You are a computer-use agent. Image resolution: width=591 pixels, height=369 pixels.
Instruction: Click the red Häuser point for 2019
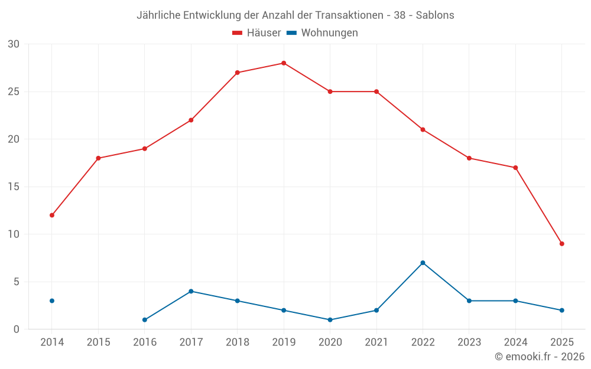pyautogui.click(x=284, y=63)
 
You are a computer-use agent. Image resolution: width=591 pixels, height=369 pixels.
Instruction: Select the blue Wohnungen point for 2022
pyautogui.click(x=423, y=263)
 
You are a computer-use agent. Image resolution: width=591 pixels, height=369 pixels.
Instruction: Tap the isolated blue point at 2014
pyautogui.click(x=52, y=301)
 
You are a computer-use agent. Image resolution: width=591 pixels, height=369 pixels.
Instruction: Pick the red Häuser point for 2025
pyautogui.click(x=561, y=244)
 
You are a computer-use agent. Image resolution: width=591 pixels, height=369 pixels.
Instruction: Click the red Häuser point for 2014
pyautogui.click(x=52, y=215)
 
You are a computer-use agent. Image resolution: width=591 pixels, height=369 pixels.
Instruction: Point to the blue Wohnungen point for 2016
pyautogui.click(x=145, y=320)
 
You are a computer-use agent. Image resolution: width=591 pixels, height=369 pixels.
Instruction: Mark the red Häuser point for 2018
pyautogui.click(x=237, y=73)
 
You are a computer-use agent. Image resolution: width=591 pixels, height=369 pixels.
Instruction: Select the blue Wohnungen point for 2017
pyautogui.click(x=191, y=291)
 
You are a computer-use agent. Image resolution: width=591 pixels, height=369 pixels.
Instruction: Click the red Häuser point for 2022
pyautogui.click(x=423, y=129)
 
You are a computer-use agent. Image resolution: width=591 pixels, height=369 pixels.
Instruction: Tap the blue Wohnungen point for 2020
pyautogui.click(x=330, y=320)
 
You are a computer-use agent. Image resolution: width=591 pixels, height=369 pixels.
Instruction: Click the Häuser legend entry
pyautogui.click(x=256, y=33)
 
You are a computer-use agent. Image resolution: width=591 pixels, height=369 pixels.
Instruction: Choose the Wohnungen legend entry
pyautogui.click(x=323, y=33)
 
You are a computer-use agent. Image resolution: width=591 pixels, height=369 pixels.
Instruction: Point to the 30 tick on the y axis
pyautogui.click(x=14, y=44)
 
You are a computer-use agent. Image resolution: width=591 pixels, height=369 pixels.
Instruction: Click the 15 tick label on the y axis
pyautogui.click(x=14, y=187)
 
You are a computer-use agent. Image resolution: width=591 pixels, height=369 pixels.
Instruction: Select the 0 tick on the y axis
pyautogui.click(x=17, y=329)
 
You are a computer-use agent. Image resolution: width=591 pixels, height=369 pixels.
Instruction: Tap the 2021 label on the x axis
pyautogui.click(x=376, y=342)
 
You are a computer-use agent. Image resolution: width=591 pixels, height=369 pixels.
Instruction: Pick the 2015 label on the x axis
pyautogui.click(x=98, y=342)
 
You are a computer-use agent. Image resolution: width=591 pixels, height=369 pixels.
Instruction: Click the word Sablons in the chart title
pyautogui.click(x=435, y=15)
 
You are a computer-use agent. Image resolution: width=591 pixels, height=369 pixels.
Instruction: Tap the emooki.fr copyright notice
pyautogui.click(x=540, y=357)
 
